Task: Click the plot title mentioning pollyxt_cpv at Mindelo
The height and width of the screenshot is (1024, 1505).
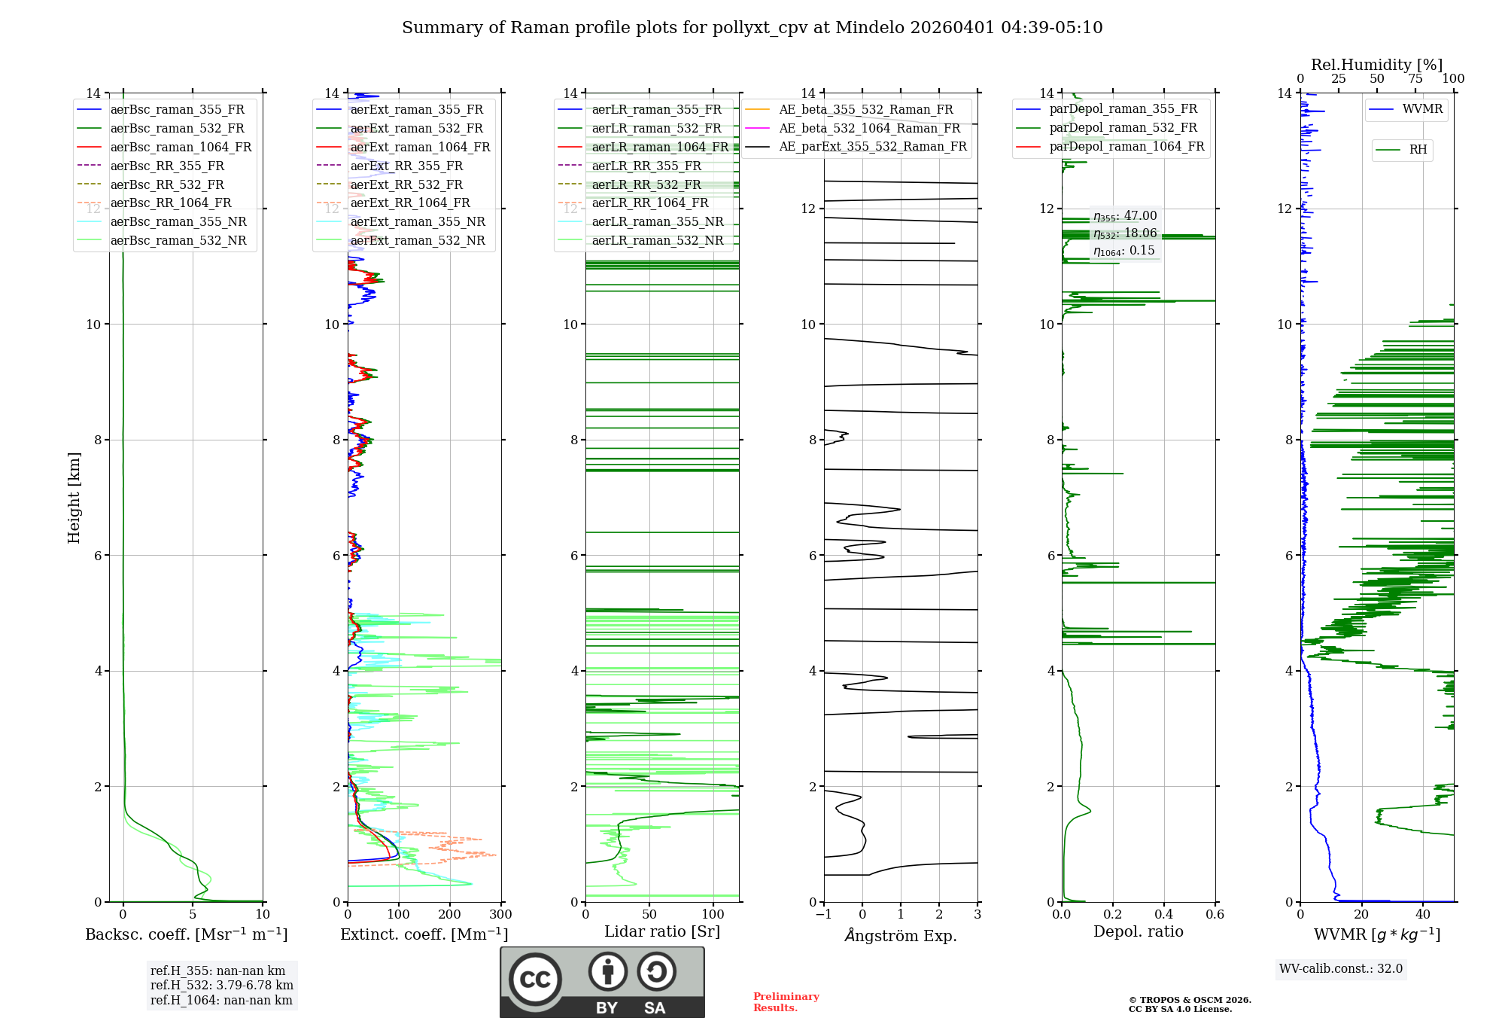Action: [x=752, y=28]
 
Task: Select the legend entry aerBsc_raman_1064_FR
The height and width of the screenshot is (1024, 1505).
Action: [x=181, y=148]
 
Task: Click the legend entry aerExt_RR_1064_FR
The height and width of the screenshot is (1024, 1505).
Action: [x=409, y=203]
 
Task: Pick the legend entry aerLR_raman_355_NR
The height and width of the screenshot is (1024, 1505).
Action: [x=657, y=222]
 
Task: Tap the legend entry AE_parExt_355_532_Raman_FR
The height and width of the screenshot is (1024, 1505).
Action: [x=872, y=147]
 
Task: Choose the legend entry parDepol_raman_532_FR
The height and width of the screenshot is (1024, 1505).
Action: [x=1123, y=128]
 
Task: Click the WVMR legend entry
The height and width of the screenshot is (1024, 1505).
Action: [x=1422, y=109]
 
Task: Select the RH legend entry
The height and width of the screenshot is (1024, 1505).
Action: [x=1418, y=150]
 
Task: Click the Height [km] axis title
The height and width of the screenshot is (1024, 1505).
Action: [x=74, y=498]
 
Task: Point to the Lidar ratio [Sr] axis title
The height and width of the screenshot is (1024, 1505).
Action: [x=662, y=932]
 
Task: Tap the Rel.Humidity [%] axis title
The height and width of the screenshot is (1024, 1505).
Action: [x=1376, y=65]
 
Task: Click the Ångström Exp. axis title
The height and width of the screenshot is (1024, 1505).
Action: [x=901, y=936]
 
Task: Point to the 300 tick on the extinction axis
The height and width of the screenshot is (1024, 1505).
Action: [x=500, y=915]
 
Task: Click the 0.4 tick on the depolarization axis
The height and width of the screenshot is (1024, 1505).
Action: [x=1164, y=915]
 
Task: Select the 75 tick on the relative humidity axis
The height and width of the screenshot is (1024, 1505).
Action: [x=1415, y=79]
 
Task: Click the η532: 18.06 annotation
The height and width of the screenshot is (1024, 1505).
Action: [x=1125, y=233]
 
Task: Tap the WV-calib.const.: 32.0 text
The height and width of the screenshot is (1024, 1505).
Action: [x=1341, y=969]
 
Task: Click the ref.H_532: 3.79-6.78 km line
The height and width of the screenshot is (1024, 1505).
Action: [x=222, y=986]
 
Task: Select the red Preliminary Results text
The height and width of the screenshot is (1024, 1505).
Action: [x=786, y=1002]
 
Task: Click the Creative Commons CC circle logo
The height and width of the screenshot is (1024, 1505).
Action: [x=535, y=980]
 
